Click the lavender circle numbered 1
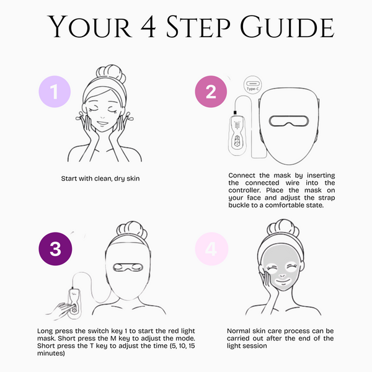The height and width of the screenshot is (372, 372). pos(55,92)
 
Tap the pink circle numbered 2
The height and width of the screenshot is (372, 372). pos(211,92)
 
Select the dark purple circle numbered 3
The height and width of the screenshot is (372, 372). pos(55,249)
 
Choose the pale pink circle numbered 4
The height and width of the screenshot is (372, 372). pos(211,249)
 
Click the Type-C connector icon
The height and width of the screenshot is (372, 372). pos(253,85)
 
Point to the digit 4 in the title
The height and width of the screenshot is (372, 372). pos(148,26)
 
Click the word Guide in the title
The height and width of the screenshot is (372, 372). pos(287,26)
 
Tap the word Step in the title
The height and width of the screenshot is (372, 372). pos(198,26)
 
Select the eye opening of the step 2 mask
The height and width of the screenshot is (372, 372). pos(289,121)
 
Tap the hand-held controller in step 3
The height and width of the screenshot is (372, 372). pos(75,303)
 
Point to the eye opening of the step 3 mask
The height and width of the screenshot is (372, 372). pos(128,267)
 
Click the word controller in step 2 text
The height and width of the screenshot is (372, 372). pos(244,190)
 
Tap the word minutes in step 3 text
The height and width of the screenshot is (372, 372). pos(51,353)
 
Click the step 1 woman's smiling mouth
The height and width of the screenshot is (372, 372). pos(102,123)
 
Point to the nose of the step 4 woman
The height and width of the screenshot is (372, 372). pos(282,276)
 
